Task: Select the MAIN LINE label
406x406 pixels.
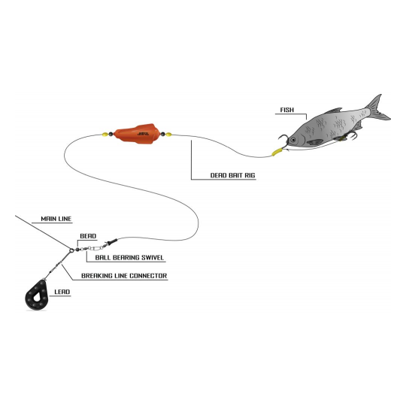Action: coord(55,218)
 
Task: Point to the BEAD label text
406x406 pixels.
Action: coord(87,235)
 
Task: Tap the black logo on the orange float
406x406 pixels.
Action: coord(144,130)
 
